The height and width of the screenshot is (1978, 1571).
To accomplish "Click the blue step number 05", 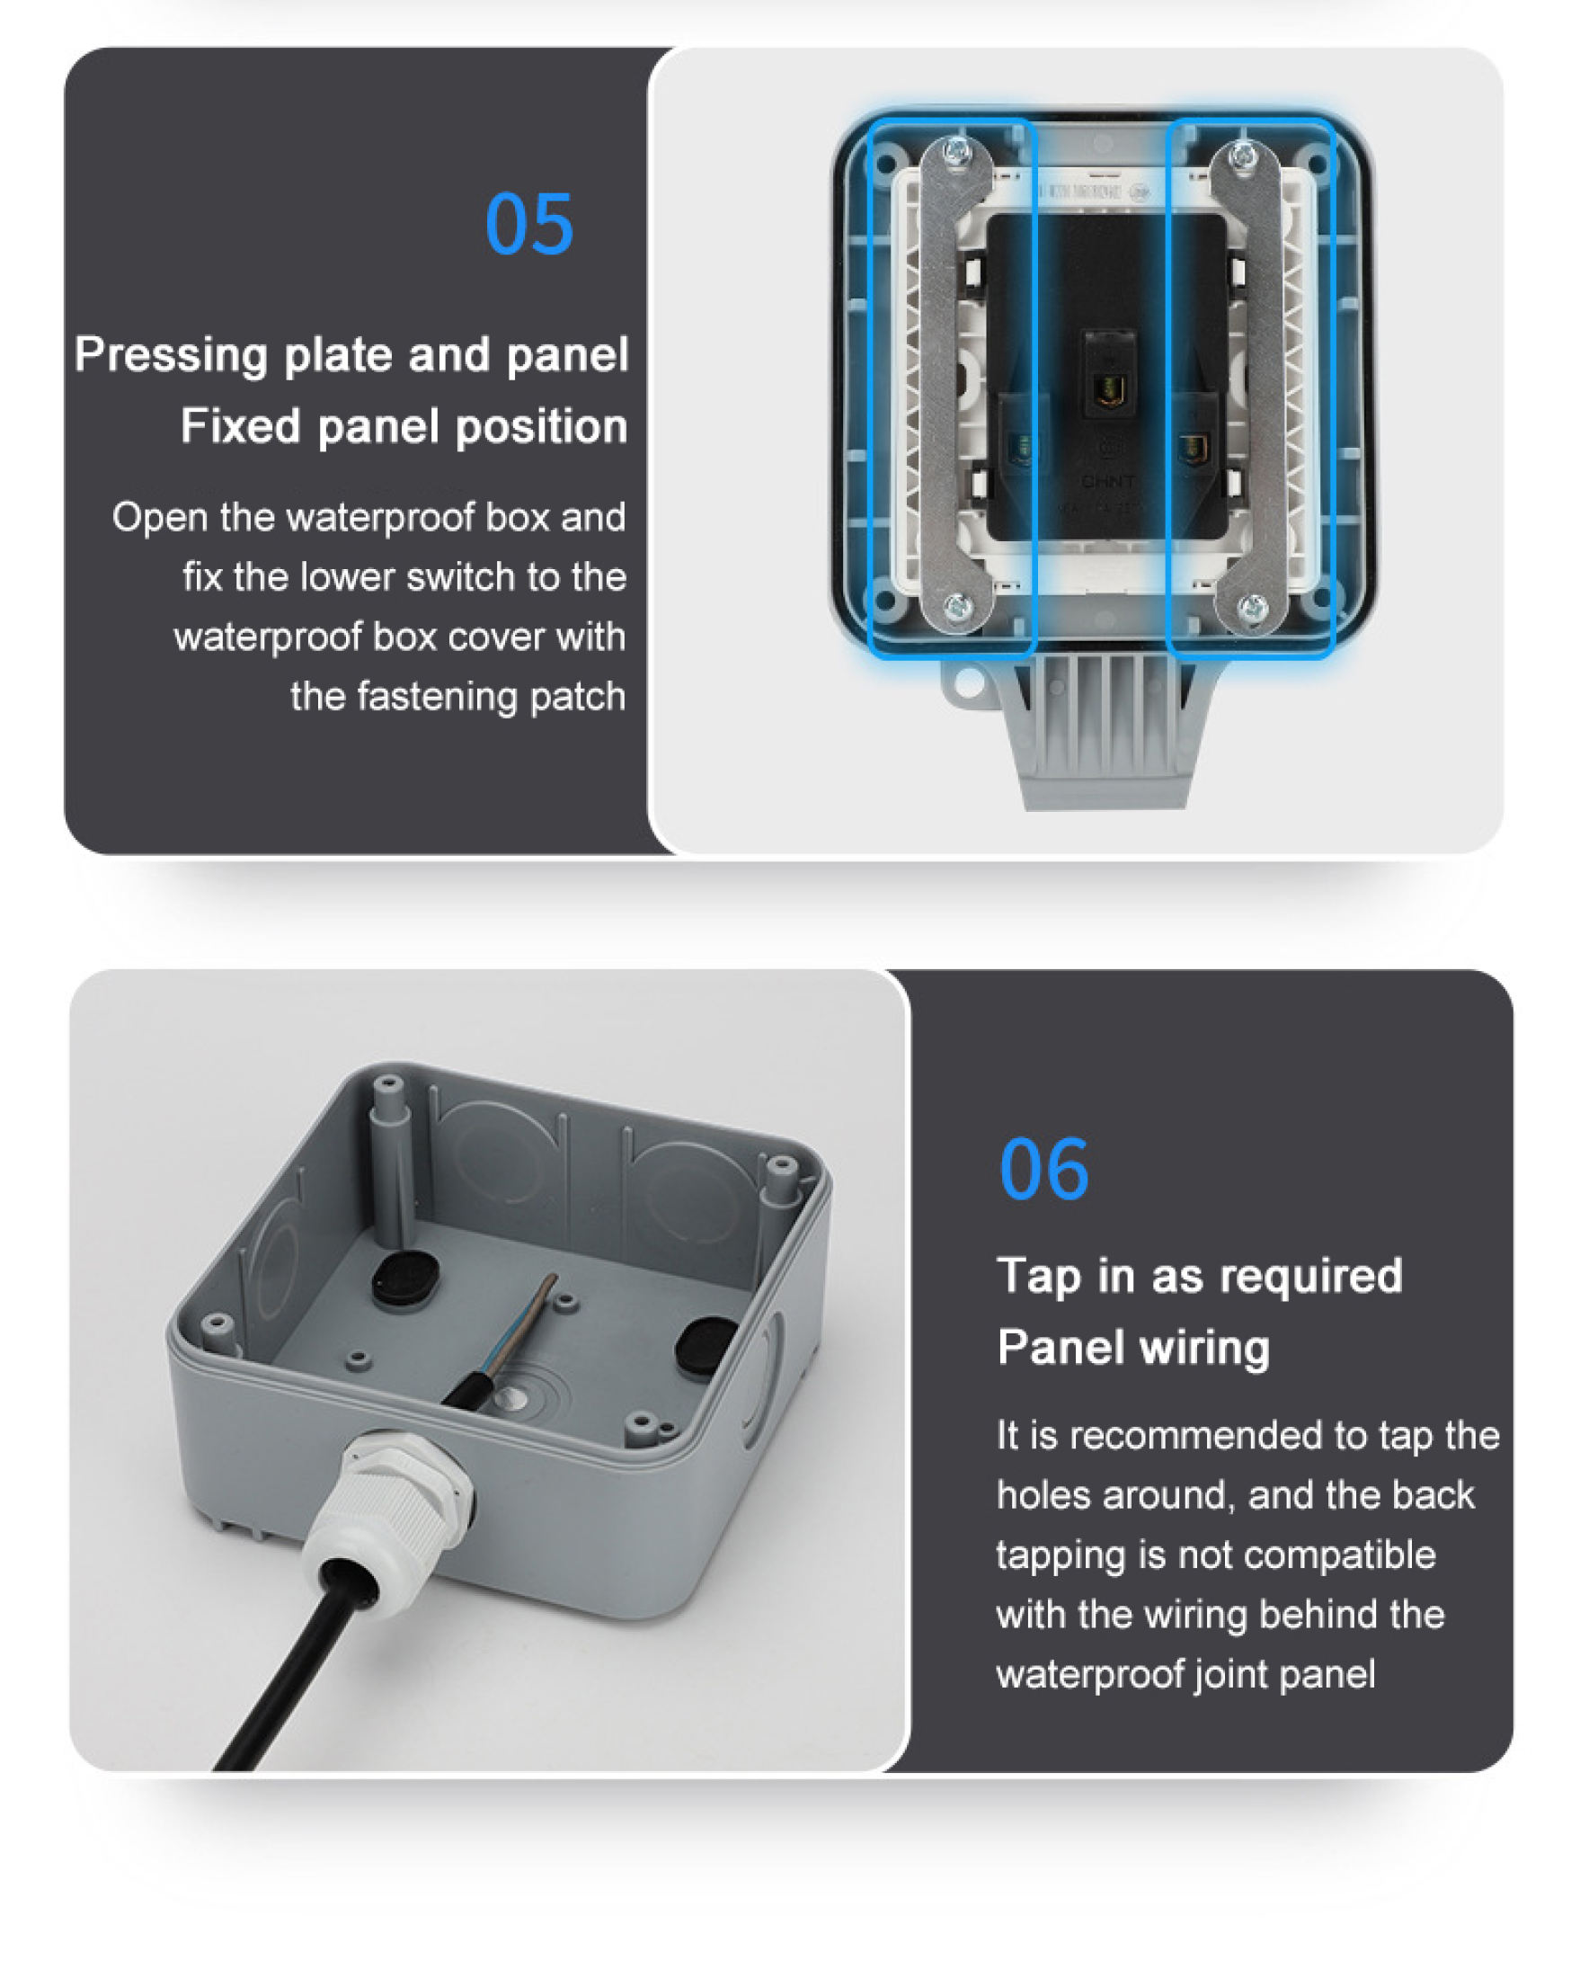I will coord(528,224).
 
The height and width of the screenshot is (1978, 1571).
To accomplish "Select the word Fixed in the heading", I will coord(240,426).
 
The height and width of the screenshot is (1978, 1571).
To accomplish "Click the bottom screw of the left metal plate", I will coord(956,604).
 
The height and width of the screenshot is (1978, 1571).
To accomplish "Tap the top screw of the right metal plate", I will coord(1243,155).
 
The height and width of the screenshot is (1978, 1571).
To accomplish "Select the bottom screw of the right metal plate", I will coord(1252,606).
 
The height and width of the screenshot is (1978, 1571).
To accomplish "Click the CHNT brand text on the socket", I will coord(1107,481).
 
